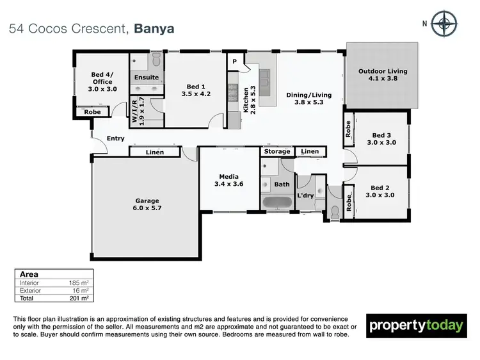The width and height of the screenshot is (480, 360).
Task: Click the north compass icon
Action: pyautogui.click(x=444, y=24)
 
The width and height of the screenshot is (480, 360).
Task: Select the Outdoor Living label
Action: pyautogui.click(x=383, y=76)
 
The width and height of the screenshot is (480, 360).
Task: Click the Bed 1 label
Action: pyautogui.click(x=195, y=90)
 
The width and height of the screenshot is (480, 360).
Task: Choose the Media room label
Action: pyautogui.click(x=229, y=179)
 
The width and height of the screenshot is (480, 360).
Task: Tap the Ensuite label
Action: pyautogui.click(x=147, y=78)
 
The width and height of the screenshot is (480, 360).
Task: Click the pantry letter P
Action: pyautogui.click(x=235, y=61)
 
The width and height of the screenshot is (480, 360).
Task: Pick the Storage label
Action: pyautogui.click(x=277, y=152)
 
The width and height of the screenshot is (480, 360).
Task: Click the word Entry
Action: pyautogui.click(x=116, y=138)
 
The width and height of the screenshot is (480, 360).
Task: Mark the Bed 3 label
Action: pyautogui.click(x=381, y=139)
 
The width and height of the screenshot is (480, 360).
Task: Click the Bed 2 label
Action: pyautogui.click(x=378, y=191)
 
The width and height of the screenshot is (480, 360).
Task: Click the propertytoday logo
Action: pyautogui.click(x=416, y=325)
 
